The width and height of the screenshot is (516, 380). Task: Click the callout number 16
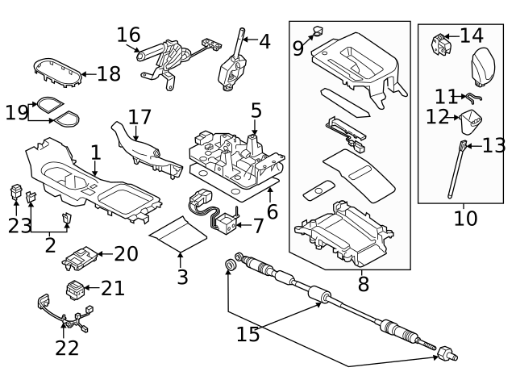pos(128,35)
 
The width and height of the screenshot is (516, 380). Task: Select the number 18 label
pos(109,74)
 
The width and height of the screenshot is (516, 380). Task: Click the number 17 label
pos(139,118)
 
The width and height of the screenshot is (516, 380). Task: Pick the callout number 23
pos(19,226)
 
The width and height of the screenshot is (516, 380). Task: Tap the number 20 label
pos(126,254)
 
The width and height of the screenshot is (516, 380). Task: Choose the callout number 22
pos(67,348)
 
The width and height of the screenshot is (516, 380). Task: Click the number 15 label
pos(248,333)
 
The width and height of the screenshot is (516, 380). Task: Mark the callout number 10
pos(465,218)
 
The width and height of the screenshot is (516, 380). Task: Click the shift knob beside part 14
pos(485,61)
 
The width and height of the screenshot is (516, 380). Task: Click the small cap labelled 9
pos(318,31)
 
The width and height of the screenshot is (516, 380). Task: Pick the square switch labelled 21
pos(75,288)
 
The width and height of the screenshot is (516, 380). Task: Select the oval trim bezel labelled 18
pos(58,73)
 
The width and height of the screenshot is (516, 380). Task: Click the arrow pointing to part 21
pos(92,287)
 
